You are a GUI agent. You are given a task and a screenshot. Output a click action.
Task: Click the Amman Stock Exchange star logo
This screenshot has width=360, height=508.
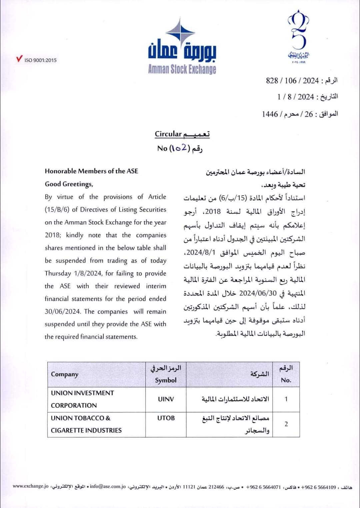[x=180, y=33]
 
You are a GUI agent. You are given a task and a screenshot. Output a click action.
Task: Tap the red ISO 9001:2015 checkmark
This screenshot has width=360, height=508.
[x=19, y=59]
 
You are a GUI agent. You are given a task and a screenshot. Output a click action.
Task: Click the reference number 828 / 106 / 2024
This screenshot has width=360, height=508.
[x=292, y=81]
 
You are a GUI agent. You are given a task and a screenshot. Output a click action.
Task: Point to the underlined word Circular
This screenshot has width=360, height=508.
[x=168, y=134]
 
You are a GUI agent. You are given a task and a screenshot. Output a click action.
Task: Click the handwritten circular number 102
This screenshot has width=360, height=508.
[x=180, y=148]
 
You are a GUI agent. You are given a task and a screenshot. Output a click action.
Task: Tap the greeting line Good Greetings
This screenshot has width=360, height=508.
[x=69, y=184]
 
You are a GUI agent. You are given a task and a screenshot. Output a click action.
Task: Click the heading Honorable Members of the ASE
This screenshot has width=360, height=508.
[x=91, y=171]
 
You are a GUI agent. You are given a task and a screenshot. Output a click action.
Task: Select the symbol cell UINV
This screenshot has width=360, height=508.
[x=166, y=399]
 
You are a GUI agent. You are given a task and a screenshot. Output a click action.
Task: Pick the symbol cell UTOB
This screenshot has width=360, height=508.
[x=166, y=418]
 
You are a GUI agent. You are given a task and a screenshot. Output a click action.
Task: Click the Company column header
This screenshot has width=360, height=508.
[x=65, y=374]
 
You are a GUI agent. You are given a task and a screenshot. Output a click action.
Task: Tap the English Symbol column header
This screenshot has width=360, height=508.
[x=166, y=380]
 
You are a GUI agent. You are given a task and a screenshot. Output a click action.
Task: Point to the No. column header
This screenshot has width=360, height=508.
[x=286, y=380]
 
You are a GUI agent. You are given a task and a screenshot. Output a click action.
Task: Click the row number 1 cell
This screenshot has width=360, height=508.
[x=286, y=399]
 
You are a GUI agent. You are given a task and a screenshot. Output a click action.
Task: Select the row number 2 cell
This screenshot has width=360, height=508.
[x=286, y=424]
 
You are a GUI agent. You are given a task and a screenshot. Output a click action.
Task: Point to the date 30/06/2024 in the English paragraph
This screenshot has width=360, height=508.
[x=63, y=311]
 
